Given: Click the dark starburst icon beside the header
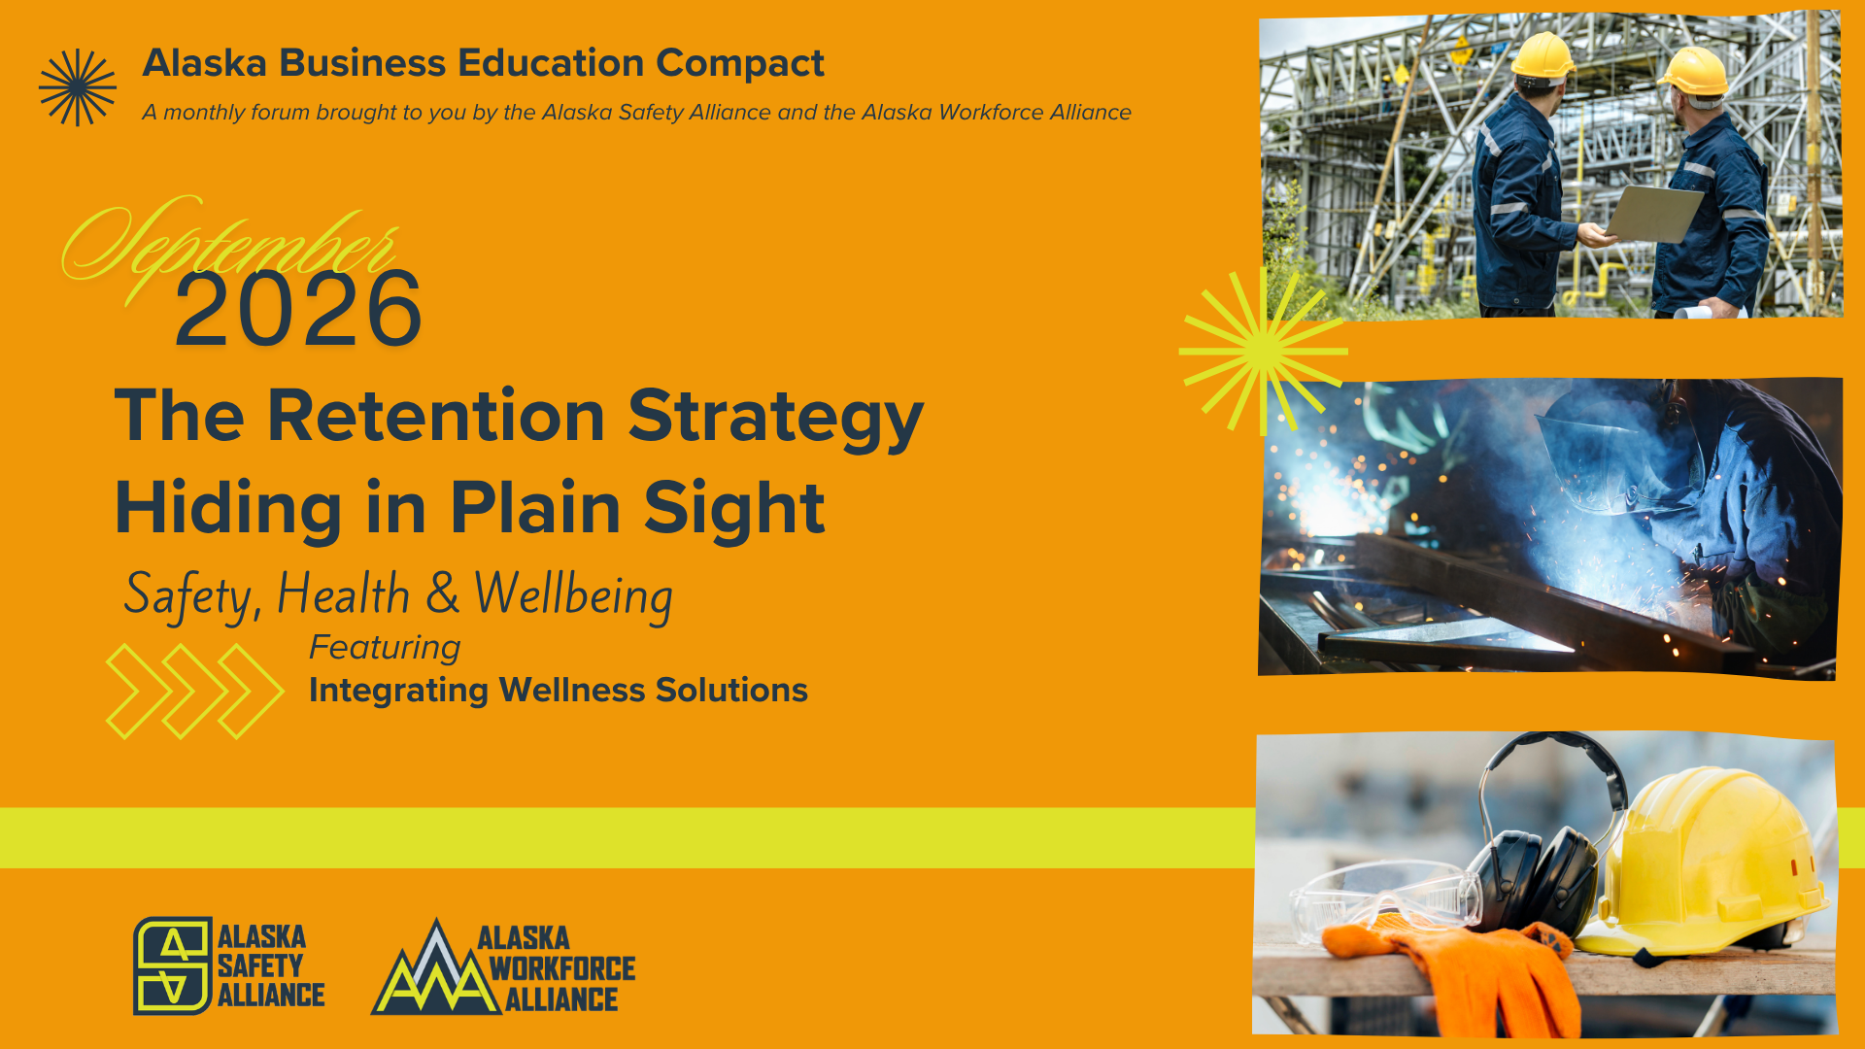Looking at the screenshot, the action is point(78,87).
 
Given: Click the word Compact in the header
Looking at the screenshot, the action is point(740,63).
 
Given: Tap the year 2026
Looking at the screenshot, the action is point(298,309).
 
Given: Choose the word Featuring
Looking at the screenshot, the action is point(385,648).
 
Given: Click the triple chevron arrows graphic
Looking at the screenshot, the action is point(194,691).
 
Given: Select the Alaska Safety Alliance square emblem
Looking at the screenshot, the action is point(173,965).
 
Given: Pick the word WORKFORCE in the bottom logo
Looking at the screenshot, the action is point(562,968).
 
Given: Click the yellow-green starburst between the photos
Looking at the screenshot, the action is point(1263,351).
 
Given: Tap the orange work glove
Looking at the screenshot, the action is point(1457,971).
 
